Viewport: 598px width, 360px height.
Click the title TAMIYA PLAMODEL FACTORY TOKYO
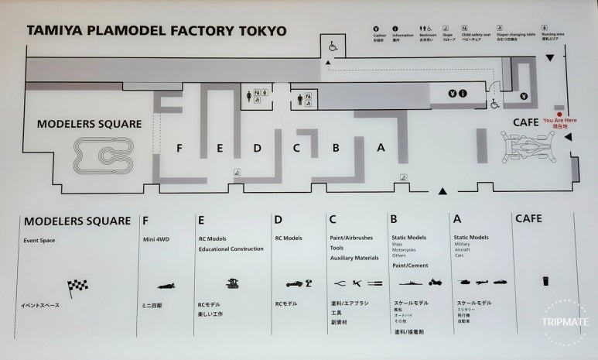pos(156,32)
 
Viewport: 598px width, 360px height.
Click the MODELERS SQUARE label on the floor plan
pos(89,124)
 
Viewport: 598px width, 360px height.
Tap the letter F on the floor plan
pos(179,147)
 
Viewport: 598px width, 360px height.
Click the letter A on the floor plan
pos(380,147)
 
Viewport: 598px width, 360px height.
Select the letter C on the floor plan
pos(296,147)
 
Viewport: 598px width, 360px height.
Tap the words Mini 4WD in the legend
pos(156,239)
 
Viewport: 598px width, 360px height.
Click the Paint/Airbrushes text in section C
pos(352,238)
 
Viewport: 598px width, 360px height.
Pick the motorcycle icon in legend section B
pos(433,283)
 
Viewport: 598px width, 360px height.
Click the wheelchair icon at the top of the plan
pos(333,46)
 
